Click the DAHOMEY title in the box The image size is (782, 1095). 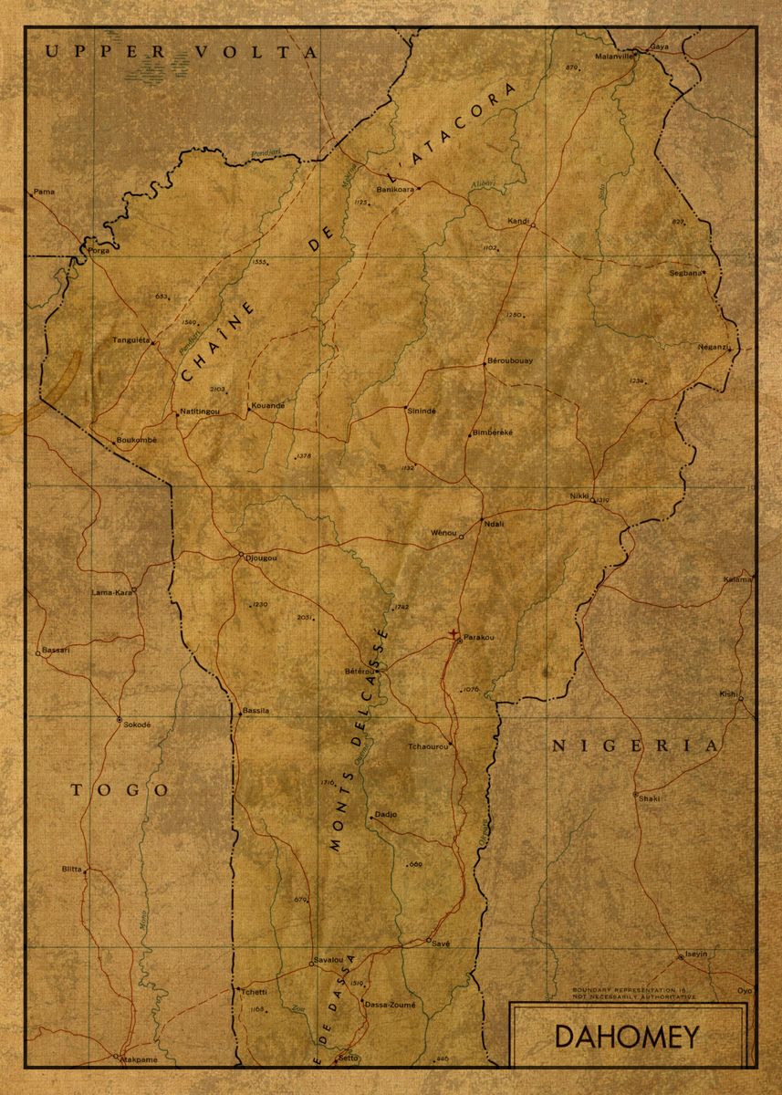pyautogui.click(x=627, y=1038)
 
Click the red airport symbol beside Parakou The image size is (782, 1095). pyautogui.click(x=454, y=633)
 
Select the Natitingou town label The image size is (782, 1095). pyautogui.click(x=200, y=412)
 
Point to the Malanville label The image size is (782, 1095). pyautogui.click(x=612, y=56)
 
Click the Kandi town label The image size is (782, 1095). pyautogui.click(x=518, y=221)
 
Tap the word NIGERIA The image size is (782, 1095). pyautogui.click(x=635, y=746)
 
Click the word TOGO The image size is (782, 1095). pyautogui.click(x=120, y=789)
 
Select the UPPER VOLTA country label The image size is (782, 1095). pyautogui.click(x=182, y=53)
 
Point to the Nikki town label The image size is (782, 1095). pyautogui.click(x=579, y=495)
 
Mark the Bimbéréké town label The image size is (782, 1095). pyautogui.click(x=493, y=432)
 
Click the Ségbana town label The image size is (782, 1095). pyautogui.click(x=686, y=272)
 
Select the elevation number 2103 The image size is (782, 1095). pyautogui.click(x=217, y=389)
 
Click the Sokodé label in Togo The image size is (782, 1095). pyautogui.click(x=136, y=723)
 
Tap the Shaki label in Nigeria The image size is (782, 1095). pyautogui.click(x=649, y=798)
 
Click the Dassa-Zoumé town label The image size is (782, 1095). pyautogui.click(x=390, y=1005)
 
